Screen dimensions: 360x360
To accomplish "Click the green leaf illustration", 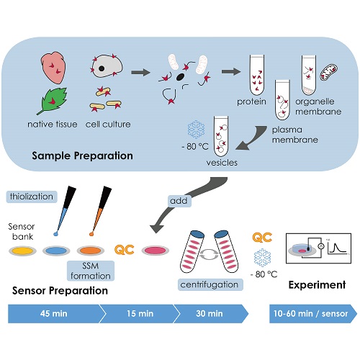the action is point(53,100).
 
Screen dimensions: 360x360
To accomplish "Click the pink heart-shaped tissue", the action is point(53,68).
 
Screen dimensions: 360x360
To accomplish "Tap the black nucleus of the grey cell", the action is point(102,68).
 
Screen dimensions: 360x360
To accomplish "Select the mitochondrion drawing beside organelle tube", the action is point(328,72).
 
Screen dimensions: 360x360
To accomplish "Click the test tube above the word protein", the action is point(257,75).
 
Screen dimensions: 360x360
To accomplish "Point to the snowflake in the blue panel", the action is point(196,130).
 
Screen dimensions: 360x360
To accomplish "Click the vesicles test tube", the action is point(221,136).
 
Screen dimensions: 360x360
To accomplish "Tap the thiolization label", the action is point(32,197).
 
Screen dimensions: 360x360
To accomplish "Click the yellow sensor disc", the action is point(22,251).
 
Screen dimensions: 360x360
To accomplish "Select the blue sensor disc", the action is point(56,251).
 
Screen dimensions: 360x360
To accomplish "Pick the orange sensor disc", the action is point(91,251).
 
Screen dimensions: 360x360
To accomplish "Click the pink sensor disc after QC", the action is point(156,251).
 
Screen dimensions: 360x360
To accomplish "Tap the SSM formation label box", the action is point(91,271).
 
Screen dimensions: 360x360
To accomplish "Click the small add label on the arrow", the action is point(179,201).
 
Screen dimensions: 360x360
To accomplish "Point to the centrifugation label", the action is point(210,284).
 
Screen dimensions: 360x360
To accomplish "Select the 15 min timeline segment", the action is point(140,314).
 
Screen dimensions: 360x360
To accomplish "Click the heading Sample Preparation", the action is point(82,156).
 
